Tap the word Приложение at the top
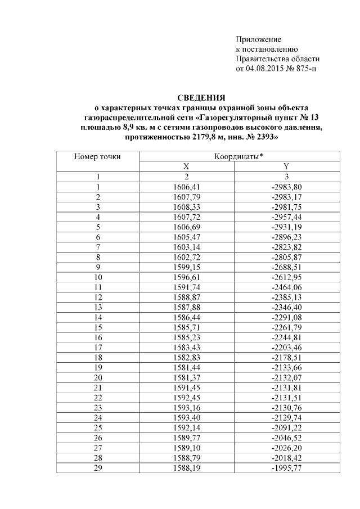coord(258,39)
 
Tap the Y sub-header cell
coord(286,166)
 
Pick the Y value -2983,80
coord(286,187)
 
